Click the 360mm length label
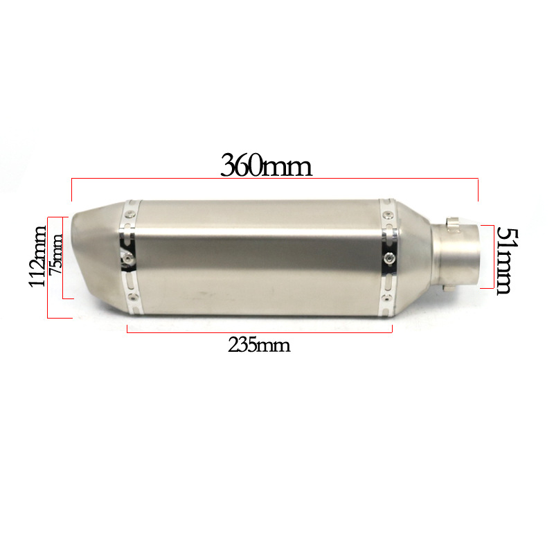pyautogui.click(x=266, y=166)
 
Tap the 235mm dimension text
pyautogui.click(x=259, y=345)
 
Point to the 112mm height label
pyautogui.click(x=37, y=256)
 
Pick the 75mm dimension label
pyautogui.click(x=56, y=254)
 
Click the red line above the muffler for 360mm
pyautogui.click(x=275, y=179)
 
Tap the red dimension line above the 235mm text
pyautogui.click(x=260, y=332)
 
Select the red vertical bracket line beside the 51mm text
pyautogui.click(x=493, y=257)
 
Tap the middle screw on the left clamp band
pyautogui.click(x=129, y=259)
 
